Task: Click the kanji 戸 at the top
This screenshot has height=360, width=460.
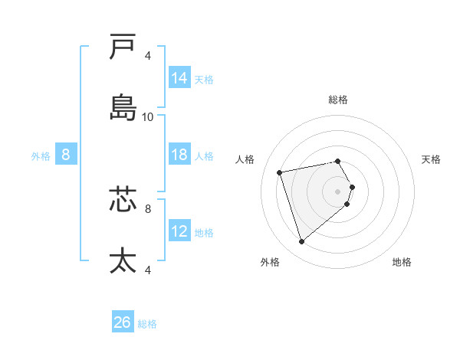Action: coord(123,47)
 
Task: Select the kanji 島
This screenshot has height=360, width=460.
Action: coord(123,107)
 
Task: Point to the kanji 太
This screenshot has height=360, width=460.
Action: coord(123,260)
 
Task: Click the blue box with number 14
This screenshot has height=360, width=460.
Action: coord(179,77)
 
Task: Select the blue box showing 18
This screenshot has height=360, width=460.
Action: coord(179,155)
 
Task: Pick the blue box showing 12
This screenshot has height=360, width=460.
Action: coord(179,231)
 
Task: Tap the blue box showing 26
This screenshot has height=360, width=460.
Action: coord(123,322)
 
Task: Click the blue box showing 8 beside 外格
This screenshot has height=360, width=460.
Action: coord(65,155)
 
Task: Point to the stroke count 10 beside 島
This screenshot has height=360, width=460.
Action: coord(148,117)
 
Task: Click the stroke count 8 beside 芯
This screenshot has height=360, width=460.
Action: coord(148,207)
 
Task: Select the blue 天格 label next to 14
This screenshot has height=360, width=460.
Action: coord(204,79)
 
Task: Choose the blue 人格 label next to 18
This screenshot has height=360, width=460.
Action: coord(204,156)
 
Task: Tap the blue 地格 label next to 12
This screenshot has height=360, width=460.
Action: coord(204,233)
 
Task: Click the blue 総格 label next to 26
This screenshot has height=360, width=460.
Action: coord(147,324)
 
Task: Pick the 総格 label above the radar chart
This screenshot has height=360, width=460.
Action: coord(337,100)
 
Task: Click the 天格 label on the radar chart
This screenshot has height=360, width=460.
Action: coord(432,159)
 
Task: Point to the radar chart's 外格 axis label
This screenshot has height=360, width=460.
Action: coord(270,262)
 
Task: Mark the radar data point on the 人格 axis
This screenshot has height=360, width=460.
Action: coord(280,172)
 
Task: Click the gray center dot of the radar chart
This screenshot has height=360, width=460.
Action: coord(337,191)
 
